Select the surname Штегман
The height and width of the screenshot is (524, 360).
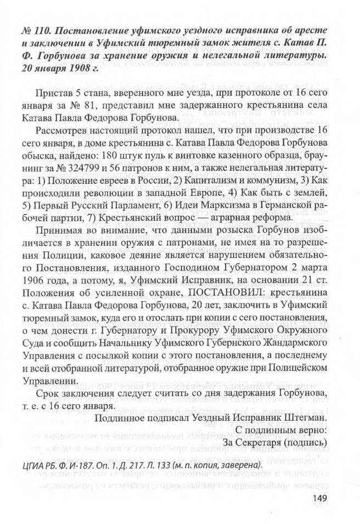pyautogui.click(x=305, y=417)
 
